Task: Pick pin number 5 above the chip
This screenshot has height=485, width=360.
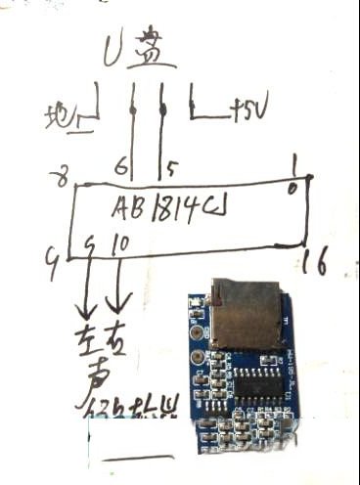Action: click(x=170, y=169)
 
